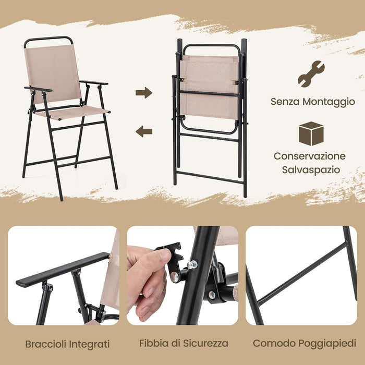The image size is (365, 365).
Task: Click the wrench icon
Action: click(311, 74)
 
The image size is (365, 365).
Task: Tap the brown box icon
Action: click(311, 133)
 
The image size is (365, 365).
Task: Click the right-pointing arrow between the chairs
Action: click(143, 93)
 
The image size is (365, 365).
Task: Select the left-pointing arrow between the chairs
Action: click(143, 131)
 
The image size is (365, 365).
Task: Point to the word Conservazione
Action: click(310, 156)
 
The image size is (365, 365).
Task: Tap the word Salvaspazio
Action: click(310, 169)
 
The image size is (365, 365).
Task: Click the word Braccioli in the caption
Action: click(45, 344)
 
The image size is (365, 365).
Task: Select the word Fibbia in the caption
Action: click(153, 344)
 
